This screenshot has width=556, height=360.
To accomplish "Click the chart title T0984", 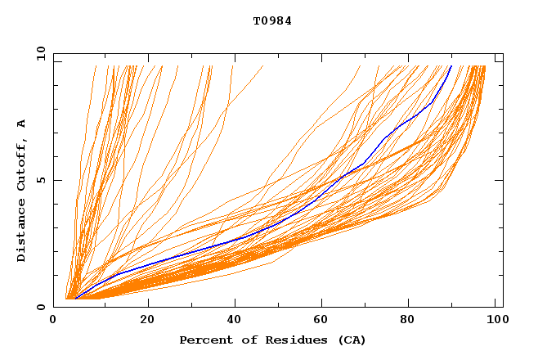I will (272, 21).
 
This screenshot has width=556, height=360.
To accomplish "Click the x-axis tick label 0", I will (54, 321).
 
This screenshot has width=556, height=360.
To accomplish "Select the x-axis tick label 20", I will (147, 321).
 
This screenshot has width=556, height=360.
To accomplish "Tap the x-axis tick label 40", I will (235, 321).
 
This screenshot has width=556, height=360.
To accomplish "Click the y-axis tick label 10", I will (41, 53).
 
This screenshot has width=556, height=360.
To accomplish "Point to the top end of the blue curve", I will (451, 66).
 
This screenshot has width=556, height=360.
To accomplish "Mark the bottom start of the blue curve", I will (74, 299).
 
